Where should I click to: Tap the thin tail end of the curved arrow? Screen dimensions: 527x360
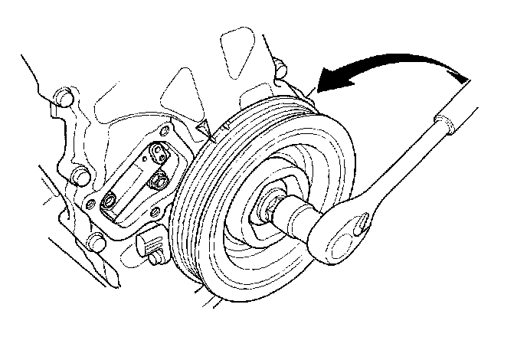(x=464, y=75)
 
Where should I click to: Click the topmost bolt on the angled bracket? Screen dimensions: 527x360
(x=158, y=153)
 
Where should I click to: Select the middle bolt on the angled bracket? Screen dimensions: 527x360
(x=159, y=182)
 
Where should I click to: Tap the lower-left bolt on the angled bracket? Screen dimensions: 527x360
(x=110, y=201)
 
